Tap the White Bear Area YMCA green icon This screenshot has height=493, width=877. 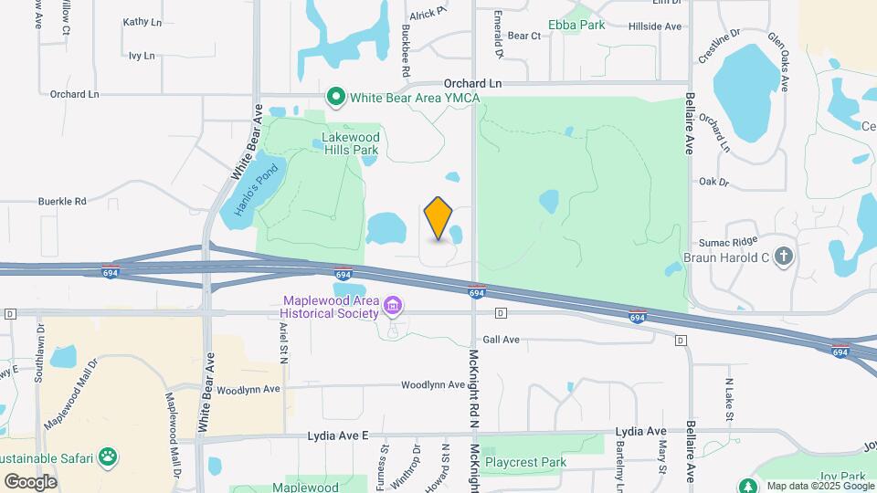[336, 96]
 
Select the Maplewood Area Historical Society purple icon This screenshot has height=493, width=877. [394, 304]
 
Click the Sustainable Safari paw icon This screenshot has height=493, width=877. [109, 456]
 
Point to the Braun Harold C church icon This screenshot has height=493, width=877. [783, 257]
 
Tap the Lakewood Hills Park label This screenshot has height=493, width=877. [350, 144]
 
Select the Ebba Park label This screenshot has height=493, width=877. [576, 25]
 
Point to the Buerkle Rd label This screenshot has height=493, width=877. [61, 201]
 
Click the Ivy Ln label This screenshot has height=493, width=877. [141, 56]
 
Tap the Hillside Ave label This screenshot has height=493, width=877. [655, 26]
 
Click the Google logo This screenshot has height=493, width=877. [30, 481]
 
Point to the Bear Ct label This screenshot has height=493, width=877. [524, 36]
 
